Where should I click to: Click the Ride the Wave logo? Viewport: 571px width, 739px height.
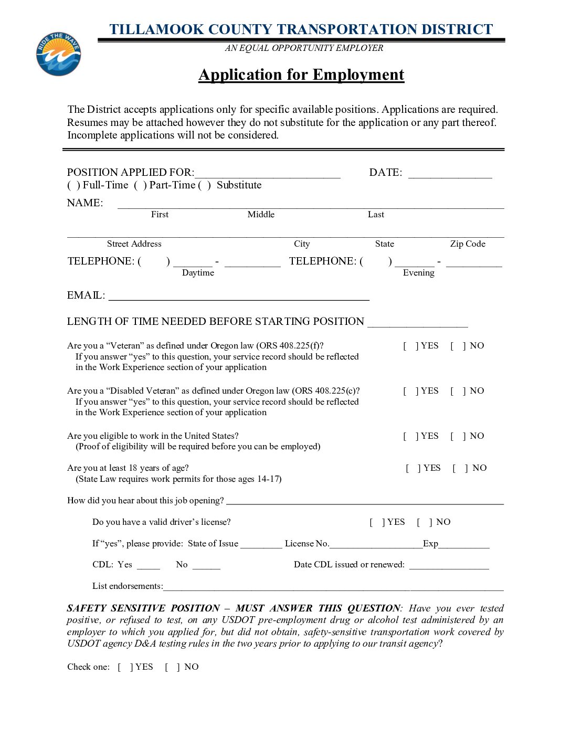click(58, 54)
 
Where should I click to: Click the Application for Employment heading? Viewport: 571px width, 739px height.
click(301, 75)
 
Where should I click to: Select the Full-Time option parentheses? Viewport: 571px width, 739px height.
click(73, 185)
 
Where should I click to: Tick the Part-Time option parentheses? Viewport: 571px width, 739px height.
click(140, 185)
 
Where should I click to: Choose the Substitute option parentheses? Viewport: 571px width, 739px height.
click(204, 185)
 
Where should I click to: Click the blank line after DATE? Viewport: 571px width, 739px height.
click(450, 176)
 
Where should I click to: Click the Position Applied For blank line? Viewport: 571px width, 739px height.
click(267, 176)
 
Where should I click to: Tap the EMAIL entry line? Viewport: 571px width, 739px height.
click(239, 298)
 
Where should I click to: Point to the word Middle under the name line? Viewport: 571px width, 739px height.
click(261, 215)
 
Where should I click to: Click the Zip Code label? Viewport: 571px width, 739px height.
click(468, 244)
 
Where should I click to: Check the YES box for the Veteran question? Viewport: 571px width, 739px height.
click(410, 346)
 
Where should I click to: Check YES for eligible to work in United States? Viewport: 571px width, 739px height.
click(410, 436)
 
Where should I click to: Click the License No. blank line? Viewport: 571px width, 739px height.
click(376, 545)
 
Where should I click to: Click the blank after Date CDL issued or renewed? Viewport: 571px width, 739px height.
click(449, 566)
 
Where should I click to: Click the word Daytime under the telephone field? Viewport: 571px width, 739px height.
click(198, 273)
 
